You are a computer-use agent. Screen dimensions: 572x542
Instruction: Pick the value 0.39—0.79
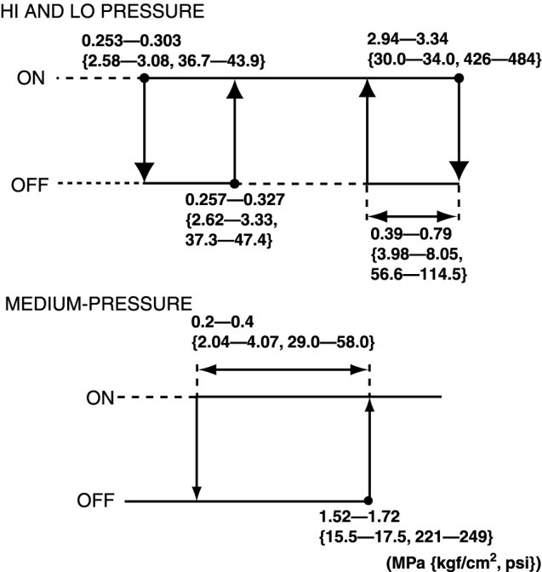[x=412, y=233]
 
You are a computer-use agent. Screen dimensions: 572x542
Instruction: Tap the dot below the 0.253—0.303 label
[x=145, y=77]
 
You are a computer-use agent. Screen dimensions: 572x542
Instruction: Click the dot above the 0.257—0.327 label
[x=235, y=183]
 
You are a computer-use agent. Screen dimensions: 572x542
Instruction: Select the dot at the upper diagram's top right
[x=459, y=77]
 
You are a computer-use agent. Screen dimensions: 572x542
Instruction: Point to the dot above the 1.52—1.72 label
[x=368, y=501]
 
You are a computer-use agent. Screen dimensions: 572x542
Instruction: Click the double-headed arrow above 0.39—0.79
[x=413, y=215]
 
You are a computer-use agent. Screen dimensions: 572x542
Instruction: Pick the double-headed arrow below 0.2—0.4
[x=282, y=369]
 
